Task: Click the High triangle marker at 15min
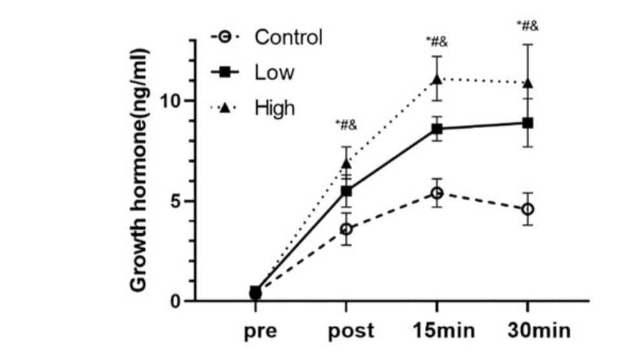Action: (437, 79)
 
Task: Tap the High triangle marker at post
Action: (346, 164)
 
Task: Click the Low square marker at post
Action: (346, 191)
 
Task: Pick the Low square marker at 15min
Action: (437, 129)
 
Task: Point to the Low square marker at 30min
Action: (528, 122)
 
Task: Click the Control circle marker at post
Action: (346, 229)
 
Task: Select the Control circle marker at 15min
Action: (437, 193)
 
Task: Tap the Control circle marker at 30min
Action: (528, 209)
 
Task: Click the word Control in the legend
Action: (288, 37)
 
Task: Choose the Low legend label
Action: (274, 72)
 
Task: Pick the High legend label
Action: (275, 107)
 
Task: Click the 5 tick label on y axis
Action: (178, 201)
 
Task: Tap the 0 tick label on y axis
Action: (178, 301)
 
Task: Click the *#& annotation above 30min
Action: (528, 26)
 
